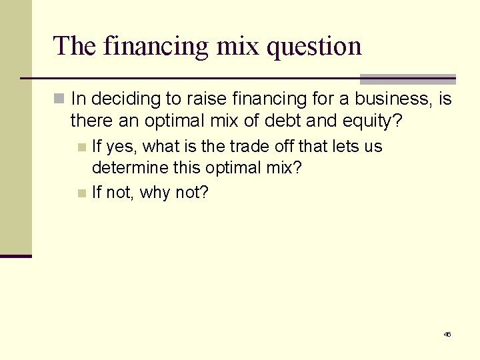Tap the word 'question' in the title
[313, 46]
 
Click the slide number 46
[447, 334]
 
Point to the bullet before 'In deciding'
[59, 99]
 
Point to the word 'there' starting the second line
[88, 121]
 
